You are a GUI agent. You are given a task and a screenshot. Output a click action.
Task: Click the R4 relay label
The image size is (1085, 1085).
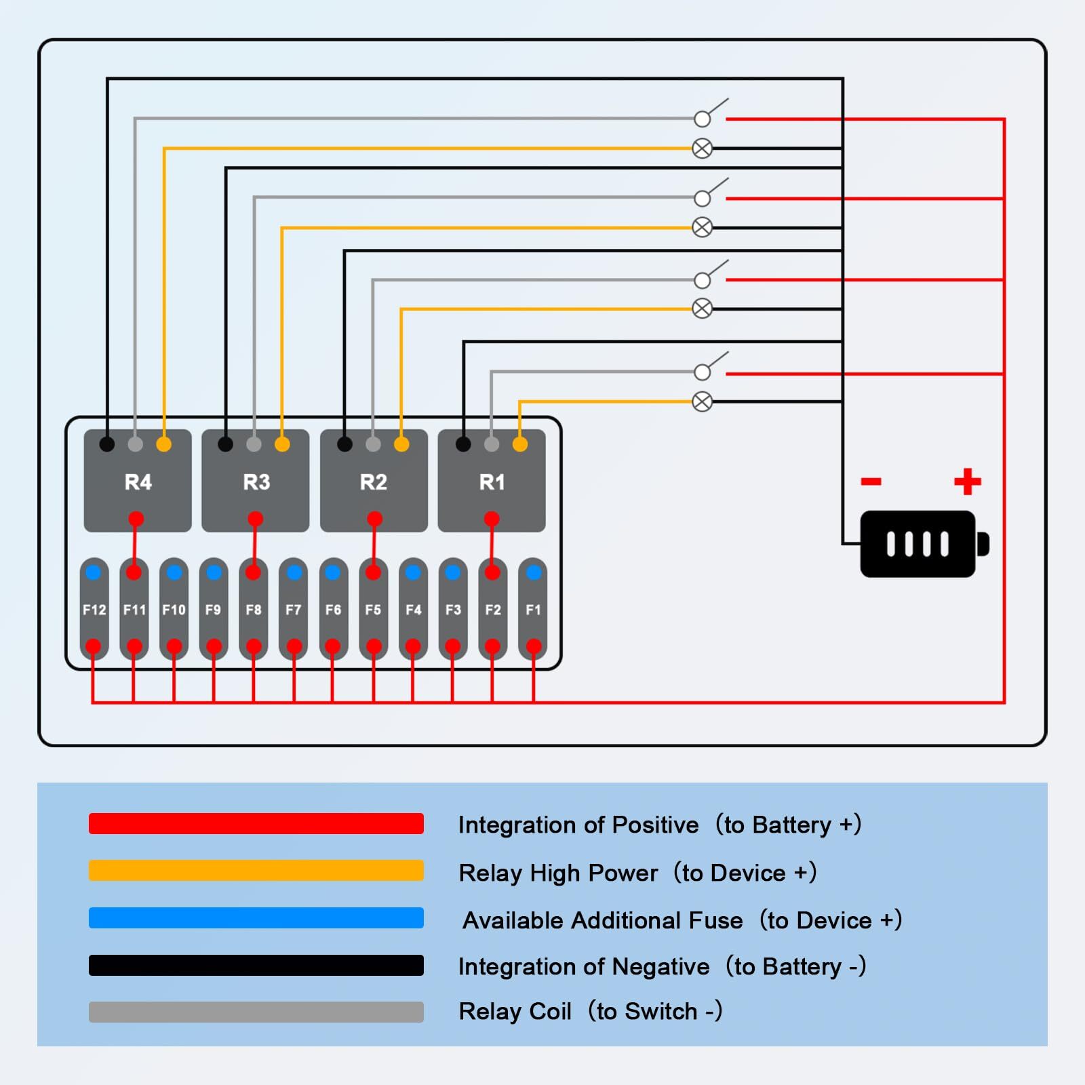click(x=138, y=482)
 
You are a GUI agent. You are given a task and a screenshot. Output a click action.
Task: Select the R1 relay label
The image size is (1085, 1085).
click(x=492, y=482)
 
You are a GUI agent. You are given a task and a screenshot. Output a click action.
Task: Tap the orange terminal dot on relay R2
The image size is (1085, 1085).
click(x=401, y=444)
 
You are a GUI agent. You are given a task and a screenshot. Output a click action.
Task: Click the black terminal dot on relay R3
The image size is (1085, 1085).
click(x=226, y=444)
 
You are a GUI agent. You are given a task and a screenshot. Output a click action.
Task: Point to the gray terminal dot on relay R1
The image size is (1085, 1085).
click(x=492, y=444)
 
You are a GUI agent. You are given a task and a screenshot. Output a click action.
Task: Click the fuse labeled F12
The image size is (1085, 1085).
click(x=94, y=610)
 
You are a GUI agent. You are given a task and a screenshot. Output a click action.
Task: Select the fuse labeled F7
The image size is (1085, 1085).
click(x=293, y=610)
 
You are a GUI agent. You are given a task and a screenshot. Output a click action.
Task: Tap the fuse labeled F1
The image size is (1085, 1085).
click(x=533, y=610)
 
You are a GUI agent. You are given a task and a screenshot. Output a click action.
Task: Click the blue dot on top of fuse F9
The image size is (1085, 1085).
click(x=214, y=572)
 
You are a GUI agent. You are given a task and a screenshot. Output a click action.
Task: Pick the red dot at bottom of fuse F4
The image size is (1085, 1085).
click(x=413, y=646)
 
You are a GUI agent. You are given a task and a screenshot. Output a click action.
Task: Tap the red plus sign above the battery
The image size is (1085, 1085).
click(x=967, y=481)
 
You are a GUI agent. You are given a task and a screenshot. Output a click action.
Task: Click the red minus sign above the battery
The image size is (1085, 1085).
click(x=871, y=481)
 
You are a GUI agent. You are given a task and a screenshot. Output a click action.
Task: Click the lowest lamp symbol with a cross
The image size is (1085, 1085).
click(x=703, y=401)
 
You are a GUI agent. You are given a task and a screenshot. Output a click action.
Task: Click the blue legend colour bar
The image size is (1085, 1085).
click(x=256, y=918)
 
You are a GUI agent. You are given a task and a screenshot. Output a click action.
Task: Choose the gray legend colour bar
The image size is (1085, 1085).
click(x=256, y=1012)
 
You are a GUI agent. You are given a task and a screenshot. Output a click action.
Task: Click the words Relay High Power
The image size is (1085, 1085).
click(x=558, y=873)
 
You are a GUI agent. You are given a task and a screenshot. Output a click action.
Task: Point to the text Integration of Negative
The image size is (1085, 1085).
click(x=584, y=966)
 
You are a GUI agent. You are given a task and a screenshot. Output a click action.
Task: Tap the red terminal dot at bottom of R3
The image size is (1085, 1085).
click(x=255, y=519)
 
